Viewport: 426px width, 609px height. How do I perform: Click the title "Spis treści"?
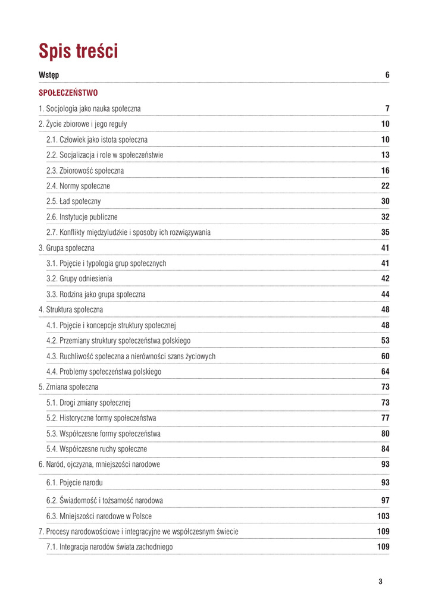pyautogui.click(x=79, y=51)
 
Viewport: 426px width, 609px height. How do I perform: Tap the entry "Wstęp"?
pyautogui.click(x=49, y=75)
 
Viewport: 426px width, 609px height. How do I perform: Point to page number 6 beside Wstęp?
pyautogui.click(x=387, y=75)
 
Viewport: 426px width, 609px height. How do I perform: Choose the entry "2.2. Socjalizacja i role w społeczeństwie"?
pyautogui.click(x=105, y=155)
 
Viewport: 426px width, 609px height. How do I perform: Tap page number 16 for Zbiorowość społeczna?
pyautogui.click(x=384, y=170)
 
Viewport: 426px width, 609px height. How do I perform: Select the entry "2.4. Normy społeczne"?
pyautogui.click(x=78, y=186)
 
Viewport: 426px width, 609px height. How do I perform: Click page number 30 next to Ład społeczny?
pyautogui.click(x=384, y=201)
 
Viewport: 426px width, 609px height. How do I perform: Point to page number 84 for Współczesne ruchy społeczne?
pyautogui.click(x=384, y=448)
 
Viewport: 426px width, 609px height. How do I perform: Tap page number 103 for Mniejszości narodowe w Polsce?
pyautogui.click(x=383, y=515)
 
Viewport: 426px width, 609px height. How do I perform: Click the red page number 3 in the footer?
pyautogui.click(x=380, y=581)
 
